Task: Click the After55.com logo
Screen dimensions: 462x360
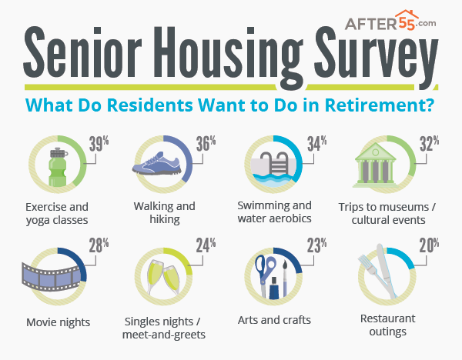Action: [x=390, y=20]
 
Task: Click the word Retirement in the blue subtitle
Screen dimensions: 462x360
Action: [x=380, y=105]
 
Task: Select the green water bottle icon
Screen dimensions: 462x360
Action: [x=58, y=167]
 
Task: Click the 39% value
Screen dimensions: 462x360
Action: [x=99, y=144]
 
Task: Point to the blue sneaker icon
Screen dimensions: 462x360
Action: [x=156, y=164]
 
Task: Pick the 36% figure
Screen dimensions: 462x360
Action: [x=206, y=144]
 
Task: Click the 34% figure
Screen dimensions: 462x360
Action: [x=317, y=144]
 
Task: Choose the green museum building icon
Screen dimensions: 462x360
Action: [x=376, y=165]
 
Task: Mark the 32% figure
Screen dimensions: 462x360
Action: [x=430, y=144]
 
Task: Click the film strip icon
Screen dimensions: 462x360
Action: [x=52, y=277]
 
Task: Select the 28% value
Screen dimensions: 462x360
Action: [x=99, y=245]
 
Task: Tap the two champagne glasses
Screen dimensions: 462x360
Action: [x=163, y=278]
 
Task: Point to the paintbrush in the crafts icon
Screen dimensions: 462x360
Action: [x=285, y=278]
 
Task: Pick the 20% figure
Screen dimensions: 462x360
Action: [x=430, y=245]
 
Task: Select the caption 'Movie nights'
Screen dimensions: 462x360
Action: [x=58, y=322]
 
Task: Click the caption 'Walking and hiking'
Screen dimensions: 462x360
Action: [x=165, y=213]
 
